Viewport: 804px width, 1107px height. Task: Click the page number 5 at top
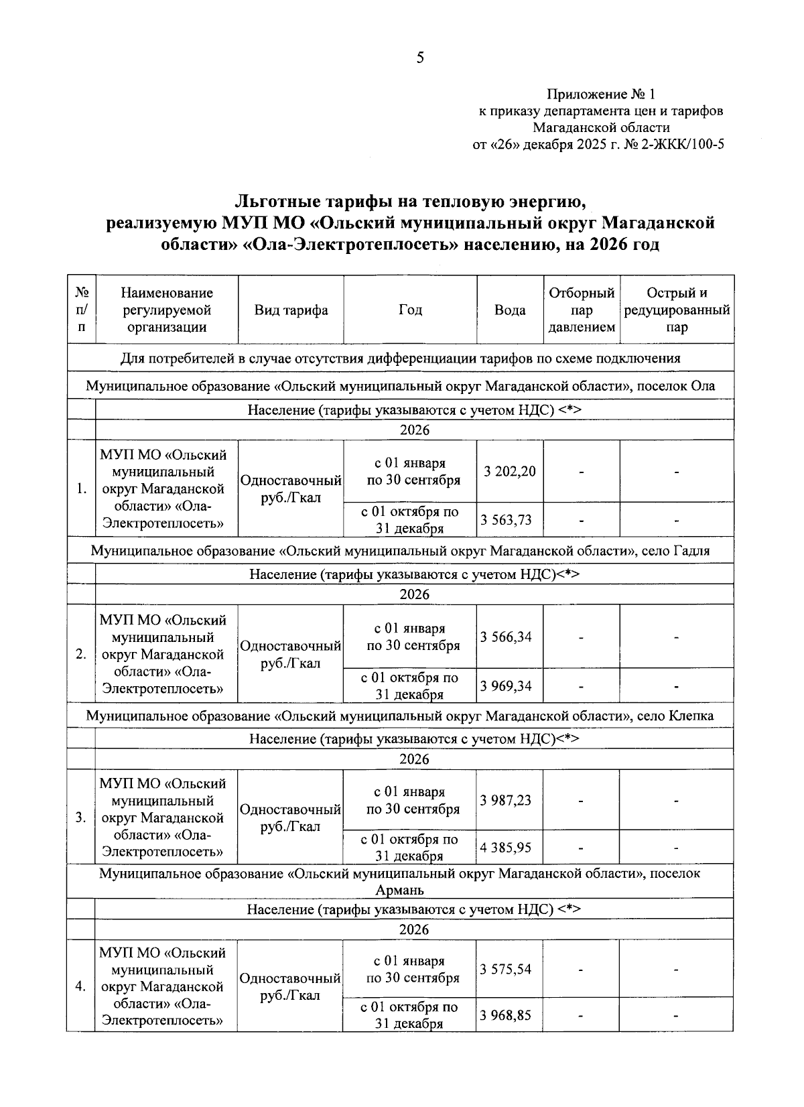coord(420,58)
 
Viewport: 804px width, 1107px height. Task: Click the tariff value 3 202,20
coord(510,471)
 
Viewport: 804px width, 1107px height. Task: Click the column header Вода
coord(510,310)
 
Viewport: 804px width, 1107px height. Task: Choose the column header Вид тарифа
coord(291,310)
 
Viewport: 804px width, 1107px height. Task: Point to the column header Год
coord(410,310)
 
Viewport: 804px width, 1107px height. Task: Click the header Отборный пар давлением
coord(581,310)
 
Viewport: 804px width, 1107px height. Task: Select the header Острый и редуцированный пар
coord(677,310)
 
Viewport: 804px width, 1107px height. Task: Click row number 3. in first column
coord(80,818)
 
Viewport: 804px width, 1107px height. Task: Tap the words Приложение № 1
coord(601,94)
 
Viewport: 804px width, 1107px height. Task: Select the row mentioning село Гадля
coord(400,551)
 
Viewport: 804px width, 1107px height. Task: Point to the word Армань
coord(400,891)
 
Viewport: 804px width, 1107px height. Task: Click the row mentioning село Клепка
coord(400,716)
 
